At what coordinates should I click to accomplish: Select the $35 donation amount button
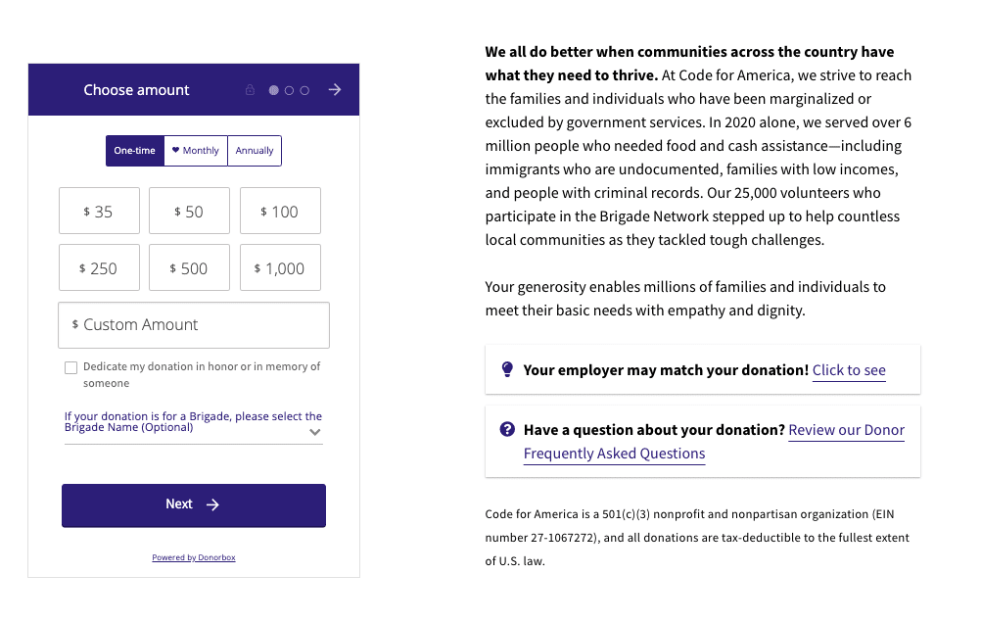pyautogui.click(x=99, y=212)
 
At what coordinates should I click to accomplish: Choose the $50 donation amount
pyautogui.click(x=189, y=212)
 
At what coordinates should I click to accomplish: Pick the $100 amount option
pyautogui.click(x=280, y=212)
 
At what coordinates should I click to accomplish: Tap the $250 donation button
pyautogui.click(x=99, y=268)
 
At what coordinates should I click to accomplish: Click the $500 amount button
pyautogui.click(x=189, y=268)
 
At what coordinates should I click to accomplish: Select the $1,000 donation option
pyautogui.click(x=280, y=268)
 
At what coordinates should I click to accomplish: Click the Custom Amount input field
pyautogui.click(x=194, y=325)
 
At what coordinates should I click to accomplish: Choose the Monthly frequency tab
pyautogui.click(x=196, y=151)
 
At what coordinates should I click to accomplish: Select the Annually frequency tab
pyautogui.click(x=255, y=151)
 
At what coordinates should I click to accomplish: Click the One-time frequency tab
pyautogui.click(x=135, y=151)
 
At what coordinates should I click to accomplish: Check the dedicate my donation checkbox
pyautogui.click(x=70, y=368)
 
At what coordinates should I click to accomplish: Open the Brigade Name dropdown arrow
pyautogui.click(x=314, y=432)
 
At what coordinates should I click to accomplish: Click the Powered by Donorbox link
pyautogui.click(x=194, y=558)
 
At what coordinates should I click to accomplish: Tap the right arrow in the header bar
pyautogui.click(x=335, y=90)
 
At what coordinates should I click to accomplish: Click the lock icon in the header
pyautogui.click(x=250, y=90)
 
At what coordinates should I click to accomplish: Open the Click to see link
pyautogui.click(x=849, y=370)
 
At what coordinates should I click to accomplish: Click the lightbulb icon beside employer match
pyautogui.click(x=507, y=369)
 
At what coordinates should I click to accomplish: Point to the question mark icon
pyautogui.click(x=507, y=429)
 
